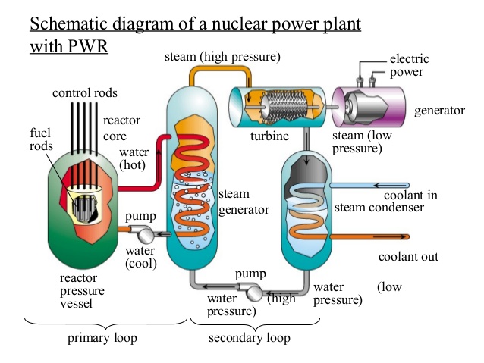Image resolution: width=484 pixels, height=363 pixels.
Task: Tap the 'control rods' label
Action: click(x=83, y=93)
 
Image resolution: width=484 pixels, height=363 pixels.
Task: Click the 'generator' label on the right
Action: click(x=439, y=111)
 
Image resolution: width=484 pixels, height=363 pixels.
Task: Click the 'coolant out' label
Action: click(x=409, y=256)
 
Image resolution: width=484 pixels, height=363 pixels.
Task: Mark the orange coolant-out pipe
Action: click(x=372, y=236)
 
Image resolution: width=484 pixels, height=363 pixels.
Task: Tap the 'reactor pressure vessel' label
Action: click(x=82, y=291)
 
